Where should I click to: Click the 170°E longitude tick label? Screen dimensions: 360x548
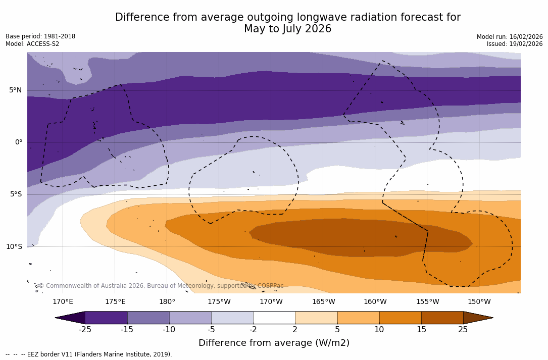(x=63, y=302)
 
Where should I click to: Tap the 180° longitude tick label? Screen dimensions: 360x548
(x=167, y=302)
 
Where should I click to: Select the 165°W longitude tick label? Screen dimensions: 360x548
(x=323, y=302)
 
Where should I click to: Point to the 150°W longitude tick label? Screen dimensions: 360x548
(x=479, y=302)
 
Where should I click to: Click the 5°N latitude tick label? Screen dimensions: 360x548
(x=15, y=90)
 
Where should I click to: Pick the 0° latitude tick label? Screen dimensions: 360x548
(x=18, y=142)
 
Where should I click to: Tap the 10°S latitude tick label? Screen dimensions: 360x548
(x=14, y=247)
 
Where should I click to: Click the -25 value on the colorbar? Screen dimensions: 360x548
(x=85, y=330)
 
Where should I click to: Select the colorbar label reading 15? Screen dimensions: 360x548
(x=421, y=330)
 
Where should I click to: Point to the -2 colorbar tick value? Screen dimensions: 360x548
(x=253, y=330)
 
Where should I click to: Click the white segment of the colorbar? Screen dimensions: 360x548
(x=274, y=318)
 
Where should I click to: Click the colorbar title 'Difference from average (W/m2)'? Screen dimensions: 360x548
(x=274, y=343)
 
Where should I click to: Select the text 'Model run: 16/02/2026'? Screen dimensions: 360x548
(x=510, y=37)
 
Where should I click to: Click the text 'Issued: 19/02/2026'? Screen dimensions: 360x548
(x=514, y=44)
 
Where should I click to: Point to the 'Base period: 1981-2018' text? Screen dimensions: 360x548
(x=40, y=36)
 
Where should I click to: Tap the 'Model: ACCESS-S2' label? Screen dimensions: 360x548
(x=32, y=44)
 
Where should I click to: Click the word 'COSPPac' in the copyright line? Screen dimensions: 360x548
(x=270, y=286)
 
